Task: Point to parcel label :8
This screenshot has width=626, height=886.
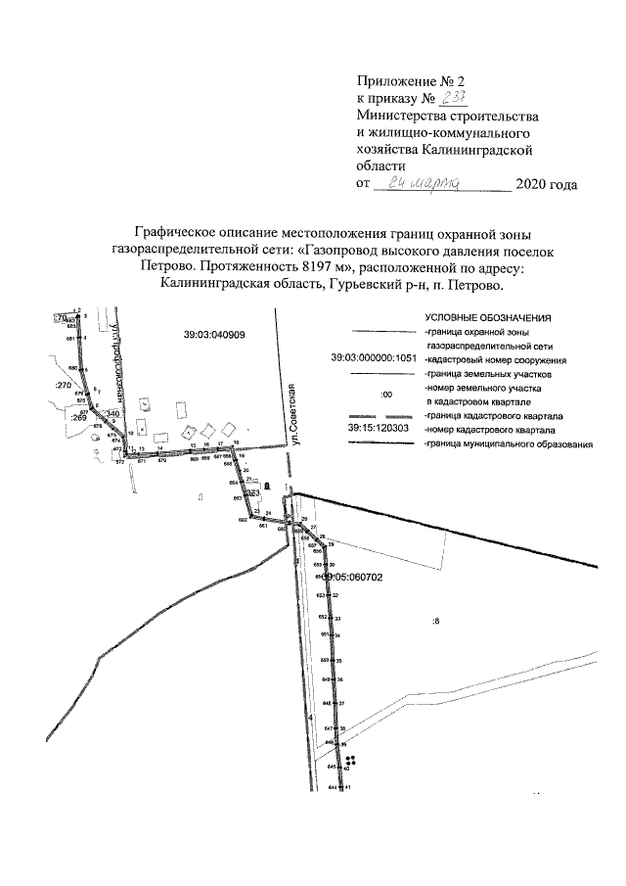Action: pos(436,621)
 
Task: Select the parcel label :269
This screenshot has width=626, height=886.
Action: pos(80,416)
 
